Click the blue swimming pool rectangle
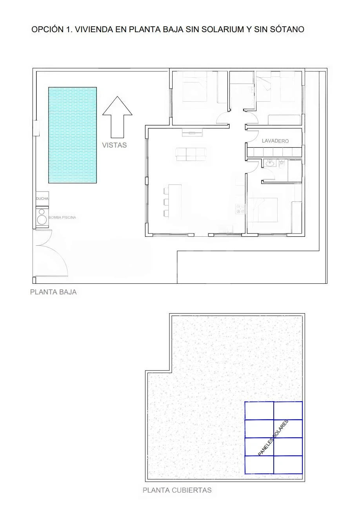pyautogui.click(x=73, y=135)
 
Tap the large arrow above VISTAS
pyautogui.click(x=117, y=117)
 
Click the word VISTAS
pyautogui.click(x=115, y=145)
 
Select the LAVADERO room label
pyautogui.click(x=275, y=141)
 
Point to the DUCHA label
pyautogui.click(x=42, y=198)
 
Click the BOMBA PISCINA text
pyautogui.click(x=62, y=217)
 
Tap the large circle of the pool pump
pyautogui.click(x=42, y=219)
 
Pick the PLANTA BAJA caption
pyautogui.click(x=53, y=292)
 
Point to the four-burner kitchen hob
pyautogui.click(x=240, y=209)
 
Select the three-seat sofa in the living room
pyautogui.click(x=191, y=154)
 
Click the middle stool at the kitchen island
pyautogui.click(x=166, y=202)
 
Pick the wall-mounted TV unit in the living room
pyautogui.click(x=192, y=132)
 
